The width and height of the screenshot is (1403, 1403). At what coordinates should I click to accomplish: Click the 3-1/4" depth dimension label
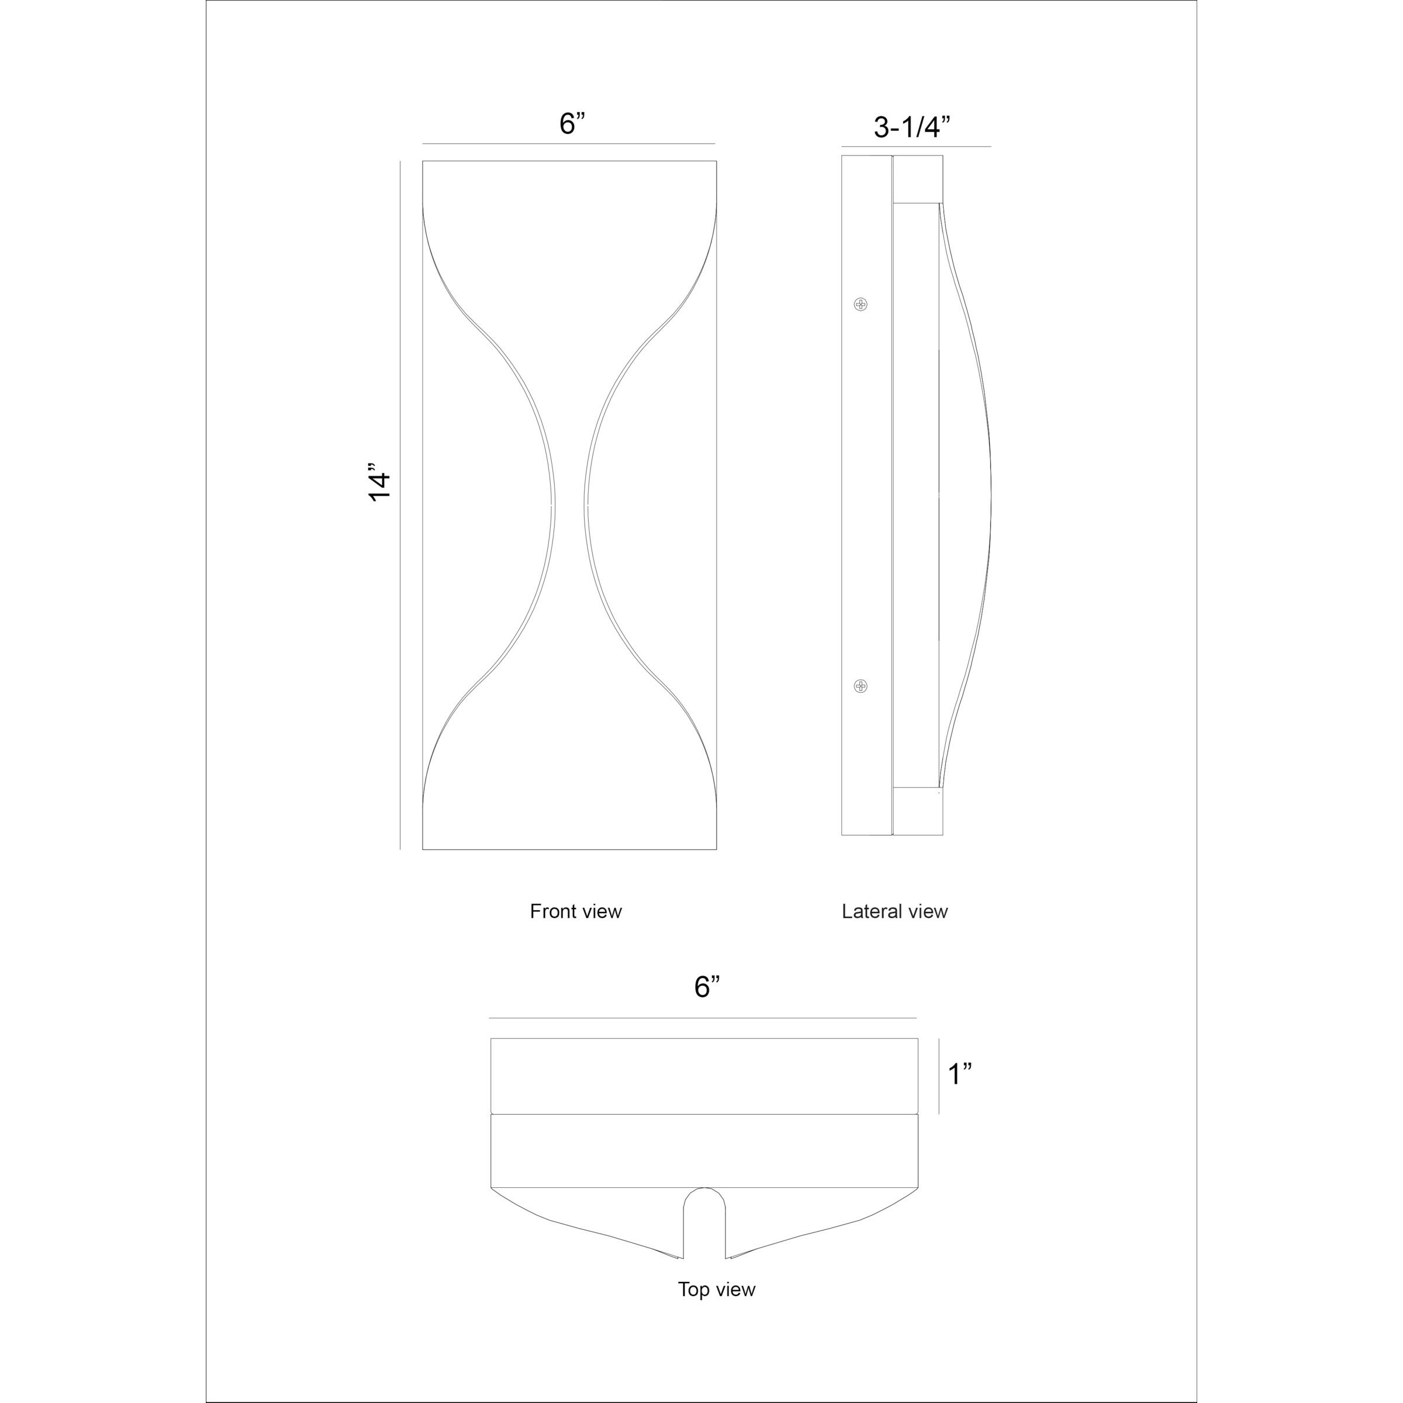pyautogui.click(x=911, y=128)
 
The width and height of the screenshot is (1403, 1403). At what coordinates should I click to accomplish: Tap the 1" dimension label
pyautogui.click(x=959, y=1074)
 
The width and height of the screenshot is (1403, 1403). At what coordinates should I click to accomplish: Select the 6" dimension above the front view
pyautogui.click(x=572, y=123)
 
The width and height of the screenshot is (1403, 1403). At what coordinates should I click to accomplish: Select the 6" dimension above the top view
pyautogui.click(x=707, y=987)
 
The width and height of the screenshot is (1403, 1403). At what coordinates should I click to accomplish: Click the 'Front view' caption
pyautogui.click(x=575, y=911)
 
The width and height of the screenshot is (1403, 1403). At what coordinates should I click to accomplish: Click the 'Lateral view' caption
pyautogui.click(x=894, y=911)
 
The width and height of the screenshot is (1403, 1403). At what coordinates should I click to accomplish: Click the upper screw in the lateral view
pyautogui.click(x=861, y=303)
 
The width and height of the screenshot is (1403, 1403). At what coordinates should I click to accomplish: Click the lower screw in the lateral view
pyautogui.click(x=861, y=686)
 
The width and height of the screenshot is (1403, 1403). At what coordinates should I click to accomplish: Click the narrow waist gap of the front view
pyautogui.click(x=570, y=504)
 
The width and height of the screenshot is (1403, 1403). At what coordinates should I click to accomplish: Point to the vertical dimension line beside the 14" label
pyautogui.click(x=400, y=504)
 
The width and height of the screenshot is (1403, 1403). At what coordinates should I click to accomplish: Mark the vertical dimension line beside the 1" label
pyautogui.click(x=939, y=1076)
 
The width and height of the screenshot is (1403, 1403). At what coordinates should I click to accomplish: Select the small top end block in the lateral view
pyautogui.click(x=918, y=179)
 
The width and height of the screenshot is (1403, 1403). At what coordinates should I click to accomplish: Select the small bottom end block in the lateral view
pyautogui.click(x=918, y=811)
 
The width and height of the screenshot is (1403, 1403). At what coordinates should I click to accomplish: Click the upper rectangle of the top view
pyautogui.click(x=704, y=1075)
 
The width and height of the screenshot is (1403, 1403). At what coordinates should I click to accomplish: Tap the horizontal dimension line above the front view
pyautogui.click(x=569, y=144)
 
